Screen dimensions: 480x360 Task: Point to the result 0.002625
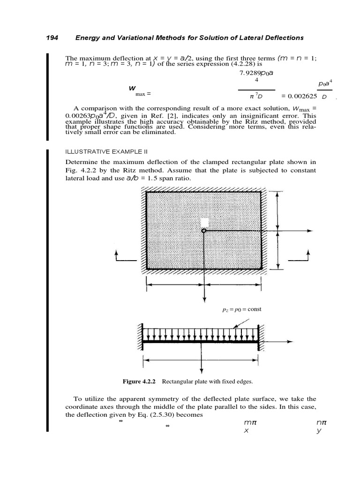299,96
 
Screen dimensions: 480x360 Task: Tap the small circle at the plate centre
203,231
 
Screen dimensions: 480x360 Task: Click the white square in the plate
204,222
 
